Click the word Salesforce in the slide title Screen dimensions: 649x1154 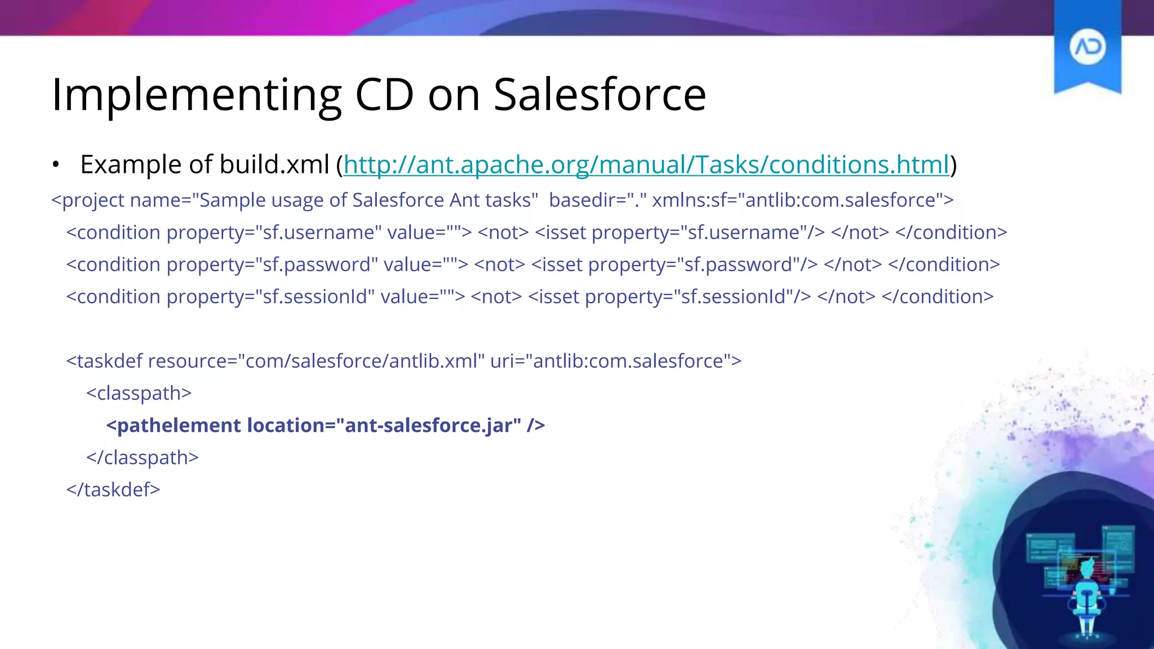pos(600,95)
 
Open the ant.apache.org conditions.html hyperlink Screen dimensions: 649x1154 pos(646,165)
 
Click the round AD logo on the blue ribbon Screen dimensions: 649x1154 pos(1087,47)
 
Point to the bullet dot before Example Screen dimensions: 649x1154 pos(55,165)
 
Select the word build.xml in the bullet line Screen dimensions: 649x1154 pos(274,165)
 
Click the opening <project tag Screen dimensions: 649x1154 pos(87,200)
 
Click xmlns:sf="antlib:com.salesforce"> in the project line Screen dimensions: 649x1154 pos(802,200)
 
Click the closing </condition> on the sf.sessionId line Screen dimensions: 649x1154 pos(937,296)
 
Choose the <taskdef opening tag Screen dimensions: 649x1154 pos(104,361)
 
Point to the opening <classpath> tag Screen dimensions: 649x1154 pos(139,393)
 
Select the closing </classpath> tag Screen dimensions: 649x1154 pos(142,457)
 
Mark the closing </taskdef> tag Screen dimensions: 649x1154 pos(113,490)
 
